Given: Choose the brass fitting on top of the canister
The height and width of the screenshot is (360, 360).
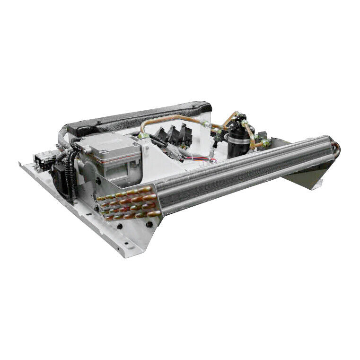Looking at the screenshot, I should [241, 118].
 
